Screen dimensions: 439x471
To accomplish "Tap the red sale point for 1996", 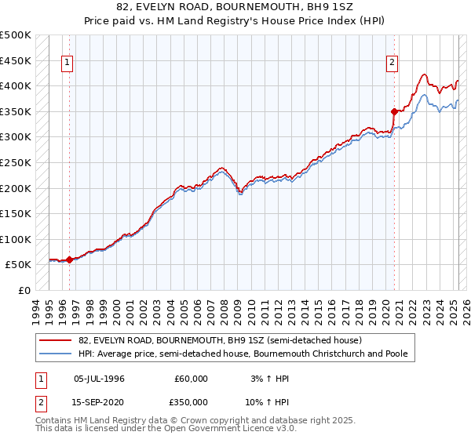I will pos(69,259).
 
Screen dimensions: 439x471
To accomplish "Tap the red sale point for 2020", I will pos(394,111).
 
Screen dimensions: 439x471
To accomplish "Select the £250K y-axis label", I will pos(16,163).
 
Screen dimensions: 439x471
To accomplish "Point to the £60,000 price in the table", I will pos(192,379).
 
